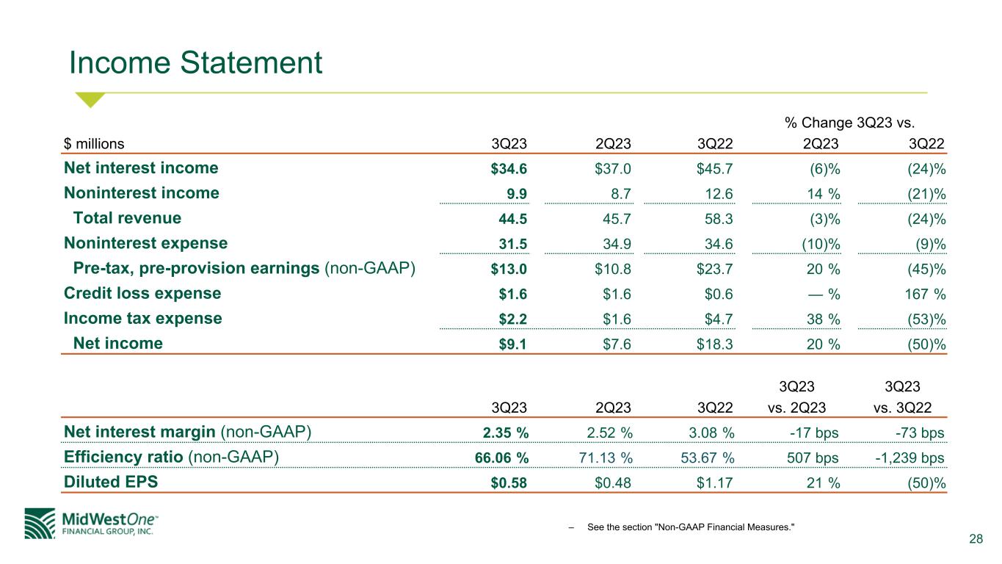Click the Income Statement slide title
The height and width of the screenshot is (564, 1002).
(x=195, y=62)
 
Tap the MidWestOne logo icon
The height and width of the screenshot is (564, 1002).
(x=40, y=524)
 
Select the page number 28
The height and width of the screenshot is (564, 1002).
(x=976, y=539)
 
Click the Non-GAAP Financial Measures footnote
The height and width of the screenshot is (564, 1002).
(x=691, y=527)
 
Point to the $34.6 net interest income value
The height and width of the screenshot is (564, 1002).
(x=509, y=169)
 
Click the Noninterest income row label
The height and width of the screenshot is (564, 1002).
(x=142, y=193)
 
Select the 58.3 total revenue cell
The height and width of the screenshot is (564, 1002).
(x=719, y=219)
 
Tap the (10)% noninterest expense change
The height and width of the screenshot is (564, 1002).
(x=821, y=245)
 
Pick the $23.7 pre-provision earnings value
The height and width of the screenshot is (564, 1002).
(x=714, y=269)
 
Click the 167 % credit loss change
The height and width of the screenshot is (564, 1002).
(x=925, y=294)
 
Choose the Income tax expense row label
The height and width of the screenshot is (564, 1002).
(x=142, y=318)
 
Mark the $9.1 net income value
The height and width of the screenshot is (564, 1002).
(x=512, y=344)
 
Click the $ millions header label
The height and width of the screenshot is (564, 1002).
(x=94, y=144)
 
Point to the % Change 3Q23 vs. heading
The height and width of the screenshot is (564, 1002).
(x=849, y=123)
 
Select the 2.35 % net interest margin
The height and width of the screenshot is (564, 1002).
(x=506, y=433)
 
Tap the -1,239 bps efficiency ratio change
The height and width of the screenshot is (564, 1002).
(x=910, y=458)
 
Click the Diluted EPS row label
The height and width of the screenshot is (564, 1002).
(x=111, y=482)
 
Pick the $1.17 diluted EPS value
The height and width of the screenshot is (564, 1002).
(x=714, y=483)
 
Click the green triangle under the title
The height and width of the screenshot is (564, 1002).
(x=90, y=99)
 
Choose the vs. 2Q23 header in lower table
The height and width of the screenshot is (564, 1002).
(x=796, y=408)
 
